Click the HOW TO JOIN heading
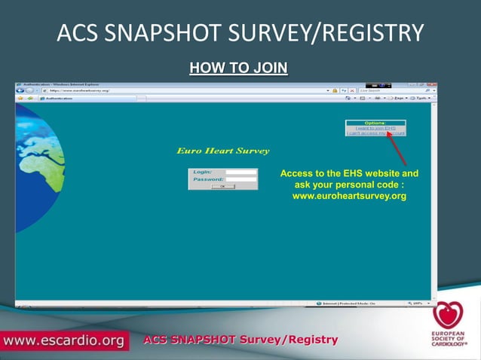pos(238,69)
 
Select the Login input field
pos(241,172)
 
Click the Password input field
pos(241,179)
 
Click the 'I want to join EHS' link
pos(375,128)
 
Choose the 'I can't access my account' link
pos(375,133)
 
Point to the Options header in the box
pos(375,123)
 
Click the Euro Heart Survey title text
pos(222,151)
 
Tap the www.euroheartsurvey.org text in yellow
pos(349,196)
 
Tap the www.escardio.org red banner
pos(63,340)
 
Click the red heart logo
pos(446,314)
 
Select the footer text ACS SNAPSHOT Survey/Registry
pos(240,340)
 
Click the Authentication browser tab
pos(60,98)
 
